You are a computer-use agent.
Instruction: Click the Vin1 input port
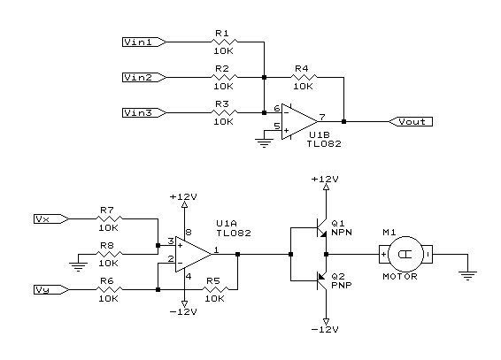pos(144,42)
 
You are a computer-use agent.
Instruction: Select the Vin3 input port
pos(144,113)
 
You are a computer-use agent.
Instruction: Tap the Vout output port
pos(411,121)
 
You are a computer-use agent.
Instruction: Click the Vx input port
pos(51,219)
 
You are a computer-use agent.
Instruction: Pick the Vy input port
pos(51,290)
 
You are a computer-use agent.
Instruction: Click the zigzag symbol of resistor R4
pos(304,77)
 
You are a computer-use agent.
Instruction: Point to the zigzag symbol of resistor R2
pos(224,77)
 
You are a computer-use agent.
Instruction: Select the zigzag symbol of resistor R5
pos(215,289)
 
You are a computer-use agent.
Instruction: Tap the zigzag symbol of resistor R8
pos(109,254)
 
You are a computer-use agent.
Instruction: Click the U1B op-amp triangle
pos(299,121)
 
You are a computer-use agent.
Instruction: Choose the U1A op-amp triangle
pos(193,255)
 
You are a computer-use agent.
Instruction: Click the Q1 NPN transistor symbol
pos(321,228)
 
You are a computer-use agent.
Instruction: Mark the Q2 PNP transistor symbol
pos(321,281)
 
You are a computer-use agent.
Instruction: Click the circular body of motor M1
pos(405,255)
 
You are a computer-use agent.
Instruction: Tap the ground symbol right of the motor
pos(467,275)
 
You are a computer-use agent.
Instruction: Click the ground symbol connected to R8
pos(78,266)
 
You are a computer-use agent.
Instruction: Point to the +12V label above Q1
pos(325,179)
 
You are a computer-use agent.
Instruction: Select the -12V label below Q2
pos(325,329)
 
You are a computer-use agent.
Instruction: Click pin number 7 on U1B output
pos(322,117)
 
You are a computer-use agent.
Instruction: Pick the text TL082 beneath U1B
pos(324,144)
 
